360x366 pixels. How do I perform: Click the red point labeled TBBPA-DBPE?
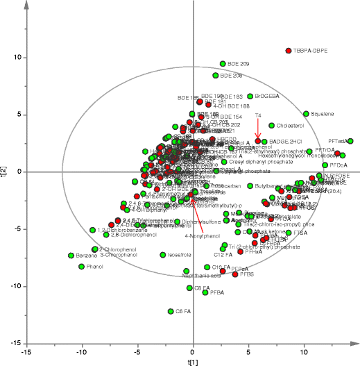[289, 51]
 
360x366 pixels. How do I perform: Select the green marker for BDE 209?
[223, 64]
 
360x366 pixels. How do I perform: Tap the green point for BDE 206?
[216, 75]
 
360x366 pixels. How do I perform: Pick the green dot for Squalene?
[306, 113]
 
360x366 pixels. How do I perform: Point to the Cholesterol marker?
[272, 126]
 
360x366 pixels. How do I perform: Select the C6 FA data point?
[171, 311]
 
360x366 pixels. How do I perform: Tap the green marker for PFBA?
[205, 292]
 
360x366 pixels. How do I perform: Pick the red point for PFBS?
[234, 274]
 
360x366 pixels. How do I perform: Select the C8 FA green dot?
[189, 288]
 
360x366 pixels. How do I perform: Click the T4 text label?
[258, 115]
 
